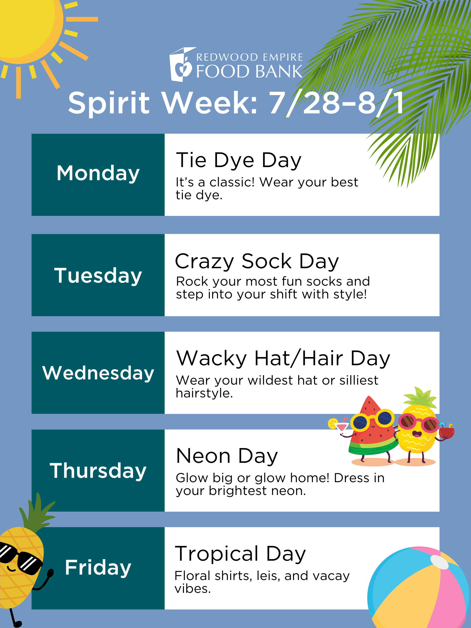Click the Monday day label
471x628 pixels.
pyautogui.click(x=98, y=173)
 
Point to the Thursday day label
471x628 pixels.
pyautogui.click(x=98, y=471)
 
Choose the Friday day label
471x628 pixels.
pyautogui.click(x=98, y=568)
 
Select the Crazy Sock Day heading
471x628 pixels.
pyautogui.click(x=257, y=261)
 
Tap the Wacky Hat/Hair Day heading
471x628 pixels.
pyautogui.click(x=283, y=359)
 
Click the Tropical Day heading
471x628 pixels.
pyautogui.click(x=240, y=554)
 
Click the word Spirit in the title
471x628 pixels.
pyautogui.click(x=109, y=103)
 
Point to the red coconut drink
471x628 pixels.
pyautogui.click(x=446, y=432)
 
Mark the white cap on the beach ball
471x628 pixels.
pyautogui.click(x=439, y=562)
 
